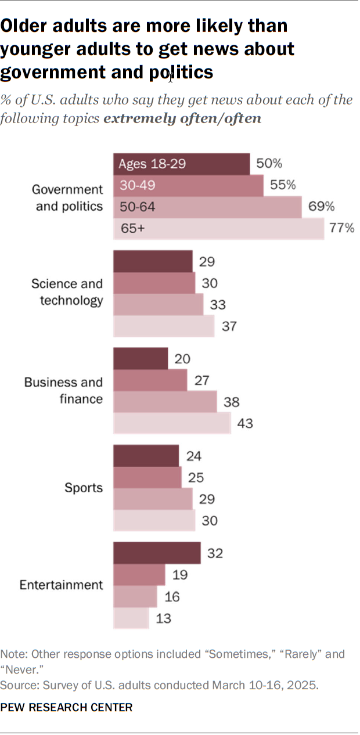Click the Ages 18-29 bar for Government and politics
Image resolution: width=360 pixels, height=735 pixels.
pyautogui.click(x=181, y=164)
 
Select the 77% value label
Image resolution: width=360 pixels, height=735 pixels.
pyautogui.click(x=342, y=228)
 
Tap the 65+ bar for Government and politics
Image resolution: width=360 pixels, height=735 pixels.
pyautogui.click(x=218, y=228)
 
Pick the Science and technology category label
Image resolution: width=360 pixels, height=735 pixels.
pyautogui.click(x=67, y=292)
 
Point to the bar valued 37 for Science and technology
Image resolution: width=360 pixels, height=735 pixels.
pyautogui.click(x=164, y=326)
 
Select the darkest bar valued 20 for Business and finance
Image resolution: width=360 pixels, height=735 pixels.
pyautogui.click(x=141, y=359)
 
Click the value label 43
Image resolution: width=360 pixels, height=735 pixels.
pyautogui.click(x=245, y=424)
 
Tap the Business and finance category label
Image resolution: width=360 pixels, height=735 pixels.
pyautogui.click(x=63, y=391)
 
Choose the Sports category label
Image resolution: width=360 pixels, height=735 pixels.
pyautogui.click(x=84, y=488)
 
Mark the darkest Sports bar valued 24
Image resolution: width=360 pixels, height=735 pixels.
pyautogui.click(x=146, y=456)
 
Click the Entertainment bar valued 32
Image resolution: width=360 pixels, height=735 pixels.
pyautogui.click(x=157, y=553)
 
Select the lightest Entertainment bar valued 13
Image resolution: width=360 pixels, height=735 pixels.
pyautogui.click(x=131, y=618)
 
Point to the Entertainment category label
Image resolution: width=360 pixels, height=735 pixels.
pyautogui.click(x=62, y=585)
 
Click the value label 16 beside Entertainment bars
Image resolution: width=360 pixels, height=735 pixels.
pyautogui.click(x=172, y=597)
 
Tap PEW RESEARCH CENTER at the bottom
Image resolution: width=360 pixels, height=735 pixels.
pyautogui.click(x=66, y=708)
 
